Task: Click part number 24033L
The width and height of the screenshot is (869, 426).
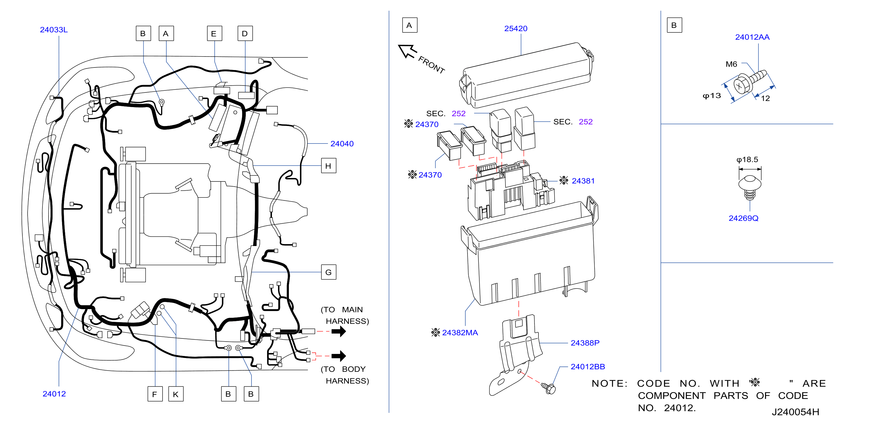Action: pos(54,30)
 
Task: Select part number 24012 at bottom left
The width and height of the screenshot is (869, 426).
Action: pos(54,394)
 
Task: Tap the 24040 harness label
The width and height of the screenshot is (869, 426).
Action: pos(342,144)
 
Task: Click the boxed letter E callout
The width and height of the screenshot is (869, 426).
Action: pos(215,33)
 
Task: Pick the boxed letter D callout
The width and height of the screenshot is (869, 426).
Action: pos(245,33)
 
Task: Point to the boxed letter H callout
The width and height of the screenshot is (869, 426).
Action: pos(329,166)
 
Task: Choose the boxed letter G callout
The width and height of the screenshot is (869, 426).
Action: pos(329,272)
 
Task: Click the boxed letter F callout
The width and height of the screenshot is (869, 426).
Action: pos(155,394)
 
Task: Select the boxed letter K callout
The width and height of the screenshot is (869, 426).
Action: pos(176,394)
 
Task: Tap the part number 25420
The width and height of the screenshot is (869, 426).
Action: pos(515,29)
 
